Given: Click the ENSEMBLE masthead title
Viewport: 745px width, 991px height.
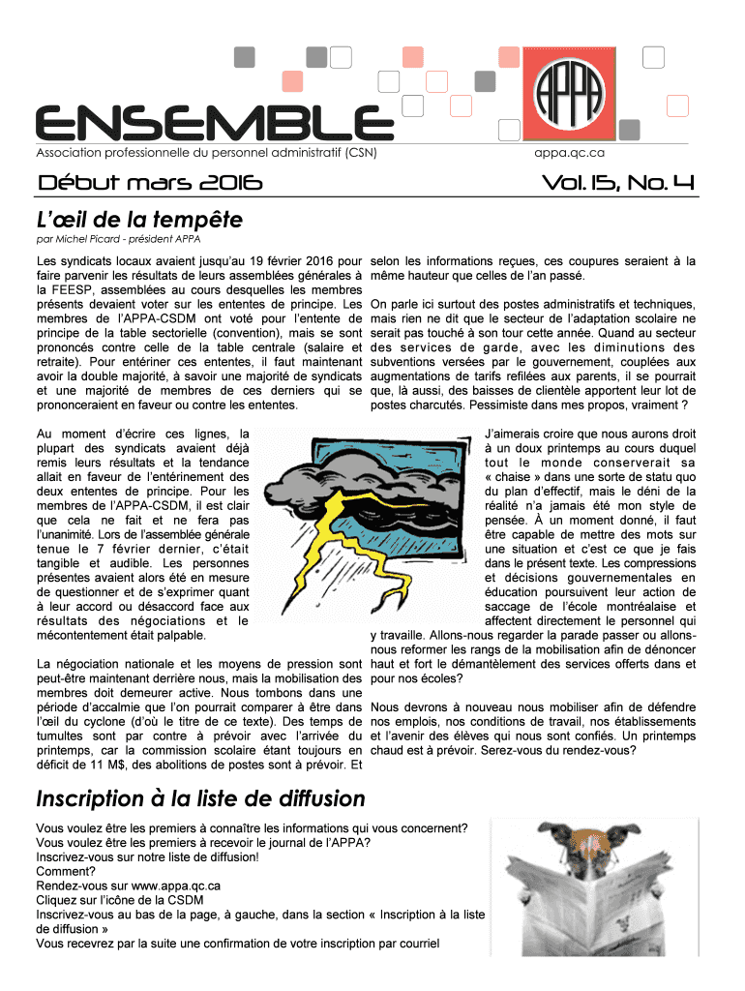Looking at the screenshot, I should click(x=207, y=122).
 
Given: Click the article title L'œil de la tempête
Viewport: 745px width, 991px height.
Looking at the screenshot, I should click(x=139, y=219).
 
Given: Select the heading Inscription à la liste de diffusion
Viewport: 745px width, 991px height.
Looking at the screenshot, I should click(x=200, y=798).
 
